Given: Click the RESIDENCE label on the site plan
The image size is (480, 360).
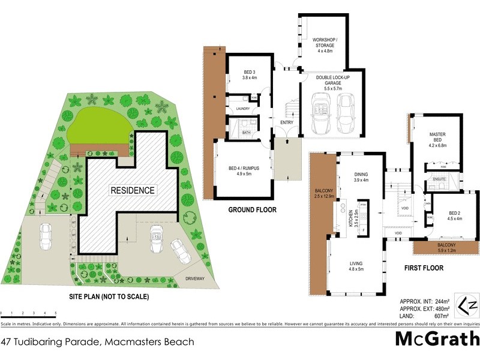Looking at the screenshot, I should pos(132,190).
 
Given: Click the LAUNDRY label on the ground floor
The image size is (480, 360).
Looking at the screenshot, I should pos(243,109).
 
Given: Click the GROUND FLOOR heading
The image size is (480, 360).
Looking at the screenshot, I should pos(252,210).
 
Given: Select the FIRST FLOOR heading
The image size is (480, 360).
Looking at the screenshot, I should pos(424,268).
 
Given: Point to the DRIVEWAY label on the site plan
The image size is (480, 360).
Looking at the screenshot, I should pos(194,278).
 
